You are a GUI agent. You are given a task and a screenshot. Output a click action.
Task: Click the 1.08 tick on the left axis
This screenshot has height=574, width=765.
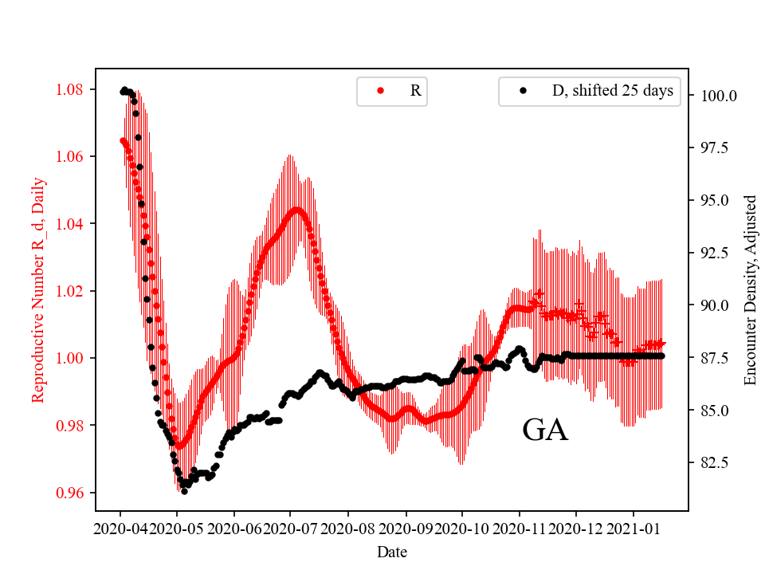tap(74, 88)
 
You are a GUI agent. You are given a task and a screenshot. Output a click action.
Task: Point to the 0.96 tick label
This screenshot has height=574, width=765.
tap(74, 493)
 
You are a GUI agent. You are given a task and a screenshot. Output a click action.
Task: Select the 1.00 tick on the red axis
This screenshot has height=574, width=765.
tap(74, 358)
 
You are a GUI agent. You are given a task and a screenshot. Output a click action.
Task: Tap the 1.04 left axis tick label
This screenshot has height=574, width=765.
tap(74, 223)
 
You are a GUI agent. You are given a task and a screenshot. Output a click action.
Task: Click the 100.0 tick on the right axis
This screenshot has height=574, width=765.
tap(718, 96)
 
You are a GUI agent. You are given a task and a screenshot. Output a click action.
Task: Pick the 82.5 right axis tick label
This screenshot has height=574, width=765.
tap(715, 462)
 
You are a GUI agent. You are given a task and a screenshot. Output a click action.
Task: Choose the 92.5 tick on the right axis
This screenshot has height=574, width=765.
tap(715, 253)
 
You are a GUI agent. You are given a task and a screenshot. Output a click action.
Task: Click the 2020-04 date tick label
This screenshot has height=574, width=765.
tap(120, 529)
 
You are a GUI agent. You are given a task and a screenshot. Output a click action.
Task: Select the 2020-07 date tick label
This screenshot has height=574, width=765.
tap(291, 529)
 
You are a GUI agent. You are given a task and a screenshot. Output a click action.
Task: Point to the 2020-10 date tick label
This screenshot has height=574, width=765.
tap(462, 529)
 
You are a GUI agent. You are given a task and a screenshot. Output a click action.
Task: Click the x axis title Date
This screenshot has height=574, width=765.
tap(392, 552)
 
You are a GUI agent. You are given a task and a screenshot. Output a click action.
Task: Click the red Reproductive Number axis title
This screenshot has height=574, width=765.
tap(38, 289)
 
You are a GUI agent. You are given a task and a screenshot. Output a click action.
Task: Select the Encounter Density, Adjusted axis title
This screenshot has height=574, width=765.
tap(750, 289)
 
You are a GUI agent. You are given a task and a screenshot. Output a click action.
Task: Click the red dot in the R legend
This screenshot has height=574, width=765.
tap(381, 92)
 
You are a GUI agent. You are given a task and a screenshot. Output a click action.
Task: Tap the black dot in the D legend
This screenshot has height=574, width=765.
tap(524, 92)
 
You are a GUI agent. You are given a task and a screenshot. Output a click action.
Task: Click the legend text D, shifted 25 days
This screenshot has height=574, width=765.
tap(613, 91)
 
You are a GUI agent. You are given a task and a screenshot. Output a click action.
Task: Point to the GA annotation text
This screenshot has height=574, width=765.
tap(545, 431)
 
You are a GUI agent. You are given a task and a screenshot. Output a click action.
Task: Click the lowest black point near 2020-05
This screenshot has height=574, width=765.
tap(184, 491)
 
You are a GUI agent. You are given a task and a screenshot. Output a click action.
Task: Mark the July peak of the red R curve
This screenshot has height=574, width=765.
tap(296, 210)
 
